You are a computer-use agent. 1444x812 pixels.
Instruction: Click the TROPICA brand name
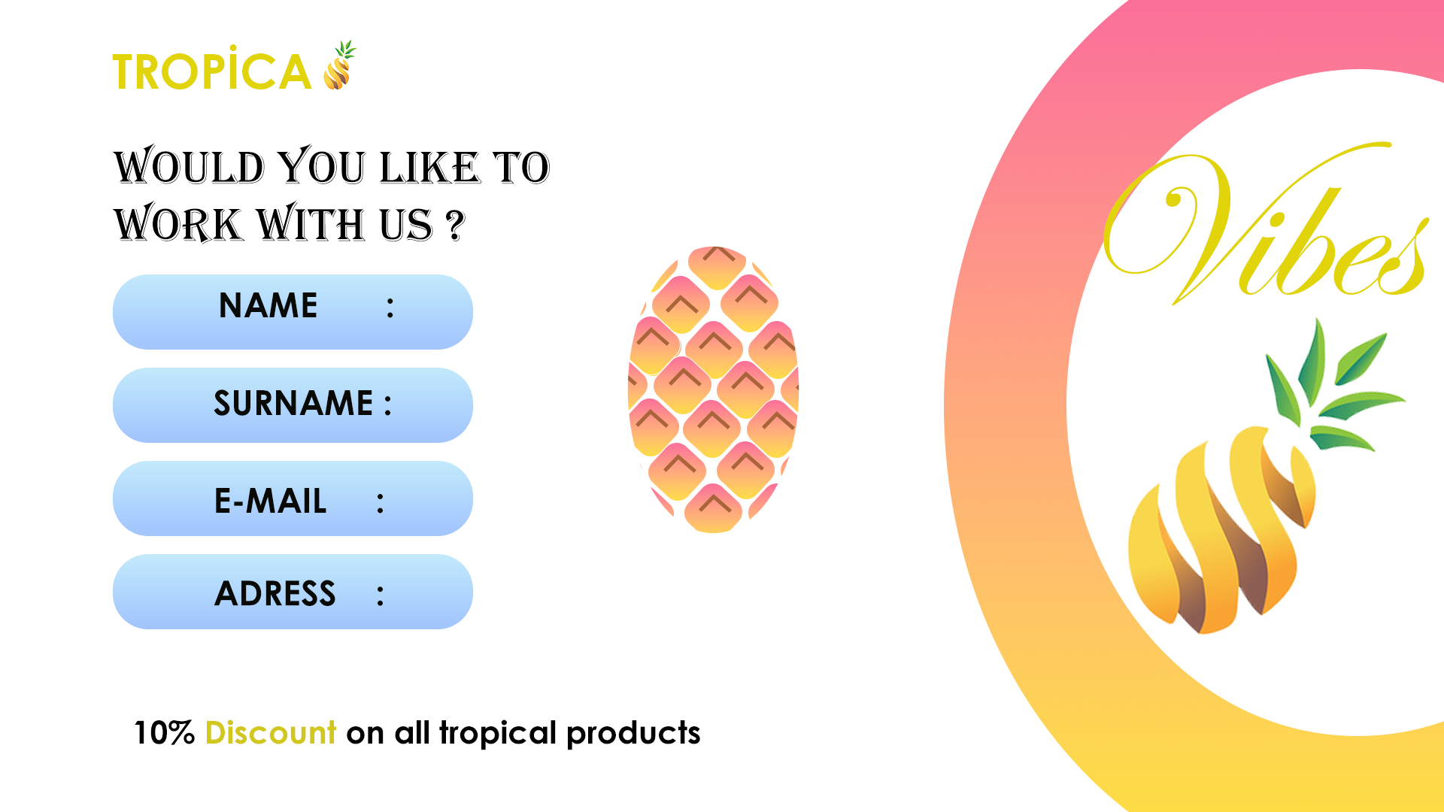[x=211, y=72]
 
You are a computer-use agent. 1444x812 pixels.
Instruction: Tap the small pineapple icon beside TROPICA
[x=340, y=66]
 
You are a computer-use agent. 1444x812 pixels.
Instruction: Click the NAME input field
[x=293, y=311]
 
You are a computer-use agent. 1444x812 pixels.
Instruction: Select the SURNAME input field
[x=293, y=404]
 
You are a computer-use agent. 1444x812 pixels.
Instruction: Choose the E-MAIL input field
[x=293, y=498]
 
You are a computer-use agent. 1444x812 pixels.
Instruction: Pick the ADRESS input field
[x=293, y=591]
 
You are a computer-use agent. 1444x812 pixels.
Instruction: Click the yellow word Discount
[x=270, y=733]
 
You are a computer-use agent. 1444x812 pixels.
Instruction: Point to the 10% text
[x=164, y=733]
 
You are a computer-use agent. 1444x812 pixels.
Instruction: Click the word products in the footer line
[x=633, y=733]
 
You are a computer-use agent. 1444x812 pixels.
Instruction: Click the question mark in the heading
[x=455, y=225]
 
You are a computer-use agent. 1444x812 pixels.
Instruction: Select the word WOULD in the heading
[x=190, y=167]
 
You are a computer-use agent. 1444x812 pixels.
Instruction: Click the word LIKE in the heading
[x=429, y=167]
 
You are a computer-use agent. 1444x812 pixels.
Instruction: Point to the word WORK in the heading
[x=178, y=225]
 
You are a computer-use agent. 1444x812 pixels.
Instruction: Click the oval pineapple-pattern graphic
[x=713, y=389]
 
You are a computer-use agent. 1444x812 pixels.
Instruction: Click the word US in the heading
[x=406, y=225]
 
